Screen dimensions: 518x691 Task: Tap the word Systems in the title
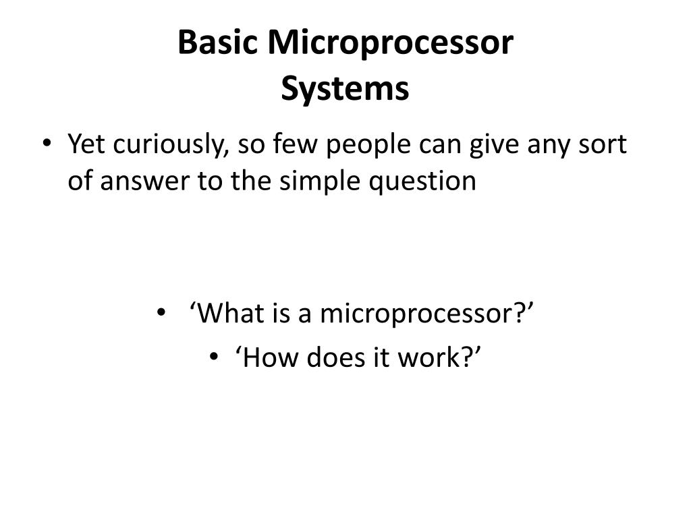point(345,89)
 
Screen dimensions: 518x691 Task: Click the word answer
point(140,181)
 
